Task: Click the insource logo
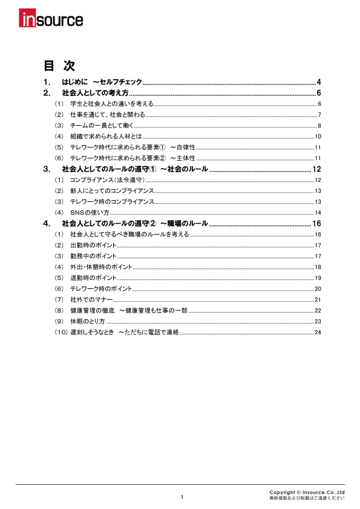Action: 51,20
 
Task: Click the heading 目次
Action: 59,66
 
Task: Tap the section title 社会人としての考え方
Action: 95,93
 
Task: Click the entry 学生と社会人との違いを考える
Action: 112,104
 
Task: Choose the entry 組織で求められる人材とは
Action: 106,137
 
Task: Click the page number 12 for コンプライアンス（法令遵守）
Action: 317,181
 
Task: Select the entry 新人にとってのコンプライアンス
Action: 112,191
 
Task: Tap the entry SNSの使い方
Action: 90,213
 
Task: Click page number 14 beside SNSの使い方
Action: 317,213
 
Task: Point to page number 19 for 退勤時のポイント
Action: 317,278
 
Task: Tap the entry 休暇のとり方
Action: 88,321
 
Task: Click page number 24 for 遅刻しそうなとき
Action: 317,332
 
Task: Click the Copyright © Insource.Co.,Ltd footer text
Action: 307,492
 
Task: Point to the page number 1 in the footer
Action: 181,497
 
